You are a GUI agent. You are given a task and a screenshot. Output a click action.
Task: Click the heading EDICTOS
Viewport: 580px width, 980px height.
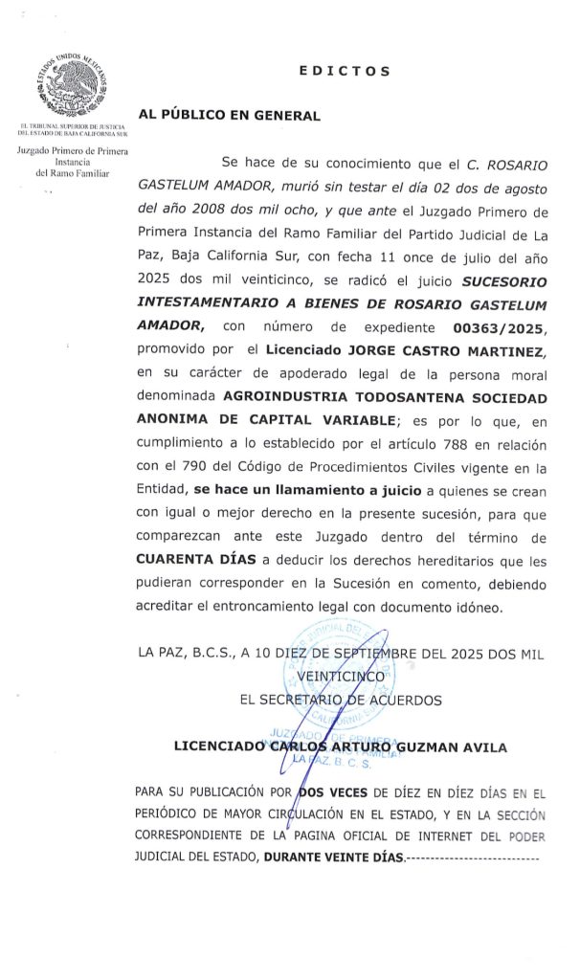(345, 71)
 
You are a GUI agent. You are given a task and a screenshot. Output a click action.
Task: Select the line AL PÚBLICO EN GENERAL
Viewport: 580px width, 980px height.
(230, 115)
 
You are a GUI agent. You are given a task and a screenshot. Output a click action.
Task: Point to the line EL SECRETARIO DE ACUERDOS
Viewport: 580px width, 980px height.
(341, 700)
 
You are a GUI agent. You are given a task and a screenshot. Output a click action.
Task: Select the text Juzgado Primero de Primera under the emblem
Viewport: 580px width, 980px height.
(73, 151)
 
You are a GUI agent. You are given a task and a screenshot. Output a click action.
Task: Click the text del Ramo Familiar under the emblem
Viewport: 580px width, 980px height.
(73, 173)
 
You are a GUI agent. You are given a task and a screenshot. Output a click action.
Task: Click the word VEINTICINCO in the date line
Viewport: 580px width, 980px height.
(342, 677)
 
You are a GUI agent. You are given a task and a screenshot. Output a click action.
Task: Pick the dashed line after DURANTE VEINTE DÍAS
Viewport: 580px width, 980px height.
(474, 857)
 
